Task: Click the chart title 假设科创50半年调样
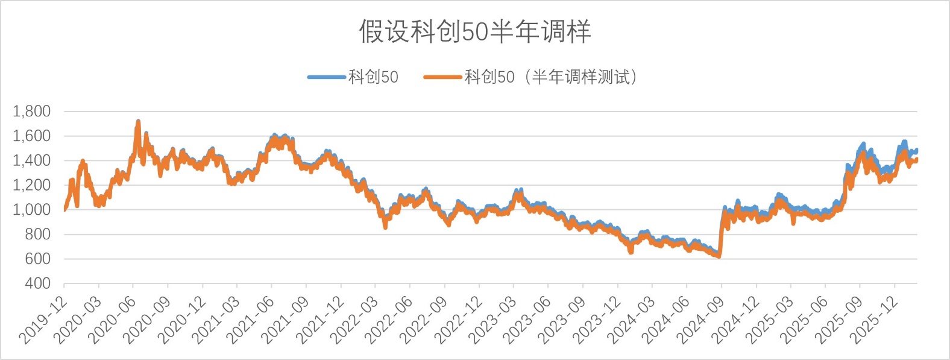pos(475,31)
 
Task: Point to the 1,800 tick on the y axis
pos(31,112)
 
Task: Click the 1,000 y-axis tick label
pos(31,210)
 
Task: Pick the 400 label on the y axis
pos(37,283)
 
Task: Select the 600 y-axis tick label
pos(37,259)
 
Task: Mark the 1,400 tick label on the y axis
pos(31,160)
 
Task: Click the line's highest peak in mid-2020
pos(138,122)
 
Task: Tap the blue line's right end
pos(916,151)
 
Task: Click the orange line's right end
pos(916,160)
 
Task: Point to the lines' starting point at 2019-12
pos(64,209)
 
